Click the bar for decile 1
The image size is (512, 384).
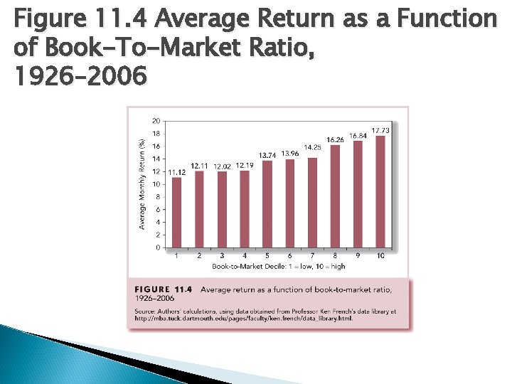coord(177,213)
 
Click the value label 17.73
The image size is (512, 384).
coord(380,130)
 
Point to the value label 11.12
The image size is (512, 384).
coord(177,172)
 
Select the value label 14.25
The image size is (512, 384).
coord(312,147)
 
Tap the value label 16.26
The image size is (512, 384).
coord(335,139)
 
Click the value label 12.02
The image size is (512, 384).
coord(222,166)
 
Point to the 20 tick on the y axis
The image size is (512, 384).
coord(156,121)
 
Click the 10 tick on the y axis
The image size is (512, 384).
coord(156,184)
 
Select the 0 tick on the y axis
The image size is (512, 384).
coord(157,247)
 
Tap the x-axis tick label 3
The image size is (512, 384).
coord(222,255)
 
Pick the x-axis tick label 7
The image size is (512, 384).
coord(311,255)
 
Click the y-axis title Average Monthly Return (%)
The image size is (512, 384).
coord(142,183)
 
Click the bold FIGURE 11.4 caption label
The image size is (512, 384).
coord(164,289)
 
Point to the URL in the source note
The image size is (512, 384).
coord(242,319)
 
